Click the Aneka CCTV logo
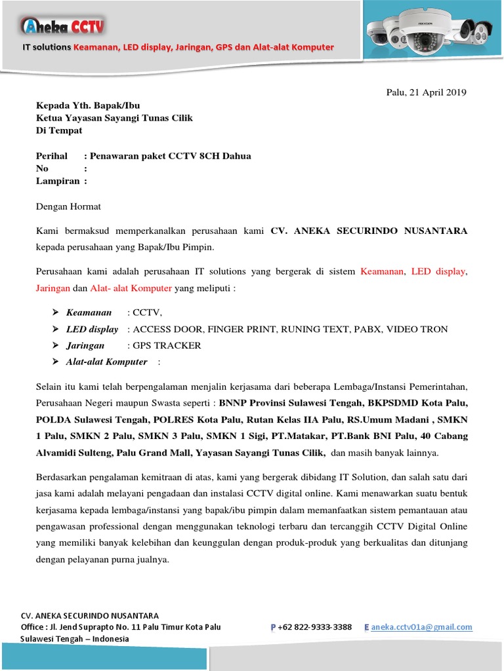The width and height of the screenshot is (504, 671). click(x=63, y=26)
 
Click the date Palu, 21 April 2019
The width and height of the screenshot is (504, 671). click(x=426, y=92)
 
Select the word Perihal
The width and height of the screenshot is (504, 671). click(x=51, y=156)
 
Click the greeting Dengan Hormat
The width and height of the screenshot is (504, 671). click(x=68, y=206)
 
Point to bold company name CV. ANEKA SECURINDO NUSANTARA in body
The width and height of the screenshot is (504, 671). click(x=369, y=231)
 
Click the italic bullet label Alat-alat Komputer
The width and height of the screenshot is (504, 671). click(x=106, y=362)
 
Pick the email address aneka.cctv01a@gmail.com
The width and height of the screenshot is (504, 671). click(x=421, y=627)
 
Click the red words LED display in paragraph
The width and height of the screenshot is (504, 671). click(x=438, y=271)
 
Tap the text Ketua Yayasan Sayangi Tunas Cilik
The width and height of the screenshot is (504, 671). click(x=114, y=118)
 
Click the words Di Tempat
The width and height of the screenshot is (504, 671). click(x=59, y=130)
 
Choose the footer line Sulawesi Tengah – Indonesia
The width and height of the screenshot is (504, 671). click(x=75, y=639)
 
